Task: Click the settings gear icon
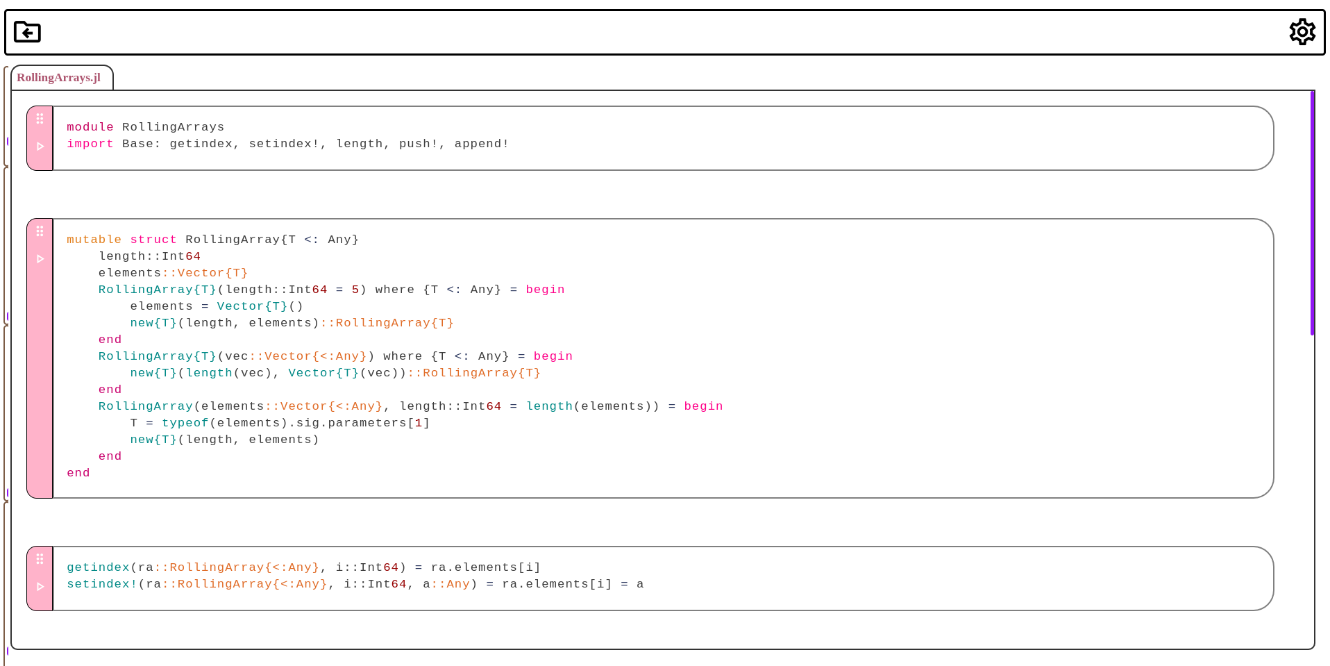point(1302,32)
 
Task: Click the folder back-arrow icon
point(28,32)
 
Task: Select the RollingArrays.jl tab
point(59,78)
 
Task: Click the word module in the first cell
point(90,127)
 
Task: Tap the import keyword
point(90,144)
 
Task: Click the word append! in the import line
point(481,144)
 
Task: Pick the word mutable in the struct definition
point(94,240)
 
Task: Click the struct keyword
point(153,240)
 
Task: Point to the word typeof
point(185,423)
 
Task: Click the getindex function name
point(98,567)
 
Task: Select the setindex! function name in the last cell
point(102,584)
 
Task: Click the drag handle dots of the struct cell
point(40,231)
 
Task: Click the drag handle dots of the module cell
point(40,119)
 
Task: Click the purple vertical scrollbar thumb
point(1312,213)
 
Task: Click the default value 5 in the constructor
point(355,290)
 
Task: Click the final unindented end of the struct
point(78,473)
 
